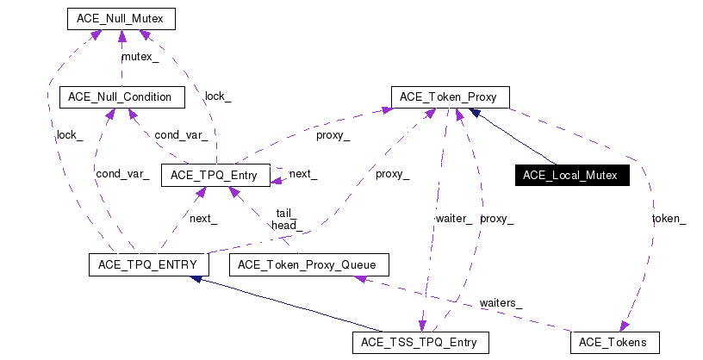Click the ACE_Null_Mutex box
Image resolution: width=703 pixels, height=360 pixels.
tap(121, 18)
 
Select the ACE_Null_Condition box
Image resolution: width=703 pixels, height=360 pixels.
tap(121, 96)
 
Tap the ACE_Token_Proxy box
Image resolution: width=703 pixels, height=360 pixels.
tap(450, 96)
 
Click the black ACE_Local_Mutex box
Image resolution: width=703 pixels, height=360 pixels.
tap(570, 175)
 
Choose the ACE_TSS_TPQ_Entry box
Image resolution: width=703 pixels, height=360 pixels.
tap(420, 342)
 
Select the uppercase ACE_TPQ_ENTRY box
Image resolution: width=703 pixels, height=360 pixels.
tap(144, 264)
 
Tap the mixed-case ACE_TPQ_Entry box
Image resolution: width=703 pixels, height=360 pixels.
tap(215, 175)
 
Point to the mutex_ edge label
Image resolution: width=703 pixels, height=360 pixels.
tap(140, 57)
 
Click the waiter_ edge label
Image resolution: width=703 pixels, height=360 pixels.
tap(453, 219)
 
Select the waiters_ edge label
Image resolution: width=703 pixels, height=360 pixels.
tap(501, 303)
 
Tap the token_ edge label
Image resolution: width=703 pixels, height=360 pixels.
tap(669, 219)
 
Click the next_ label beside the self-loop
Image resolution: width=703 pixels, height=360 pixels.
tap(302, 174)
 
